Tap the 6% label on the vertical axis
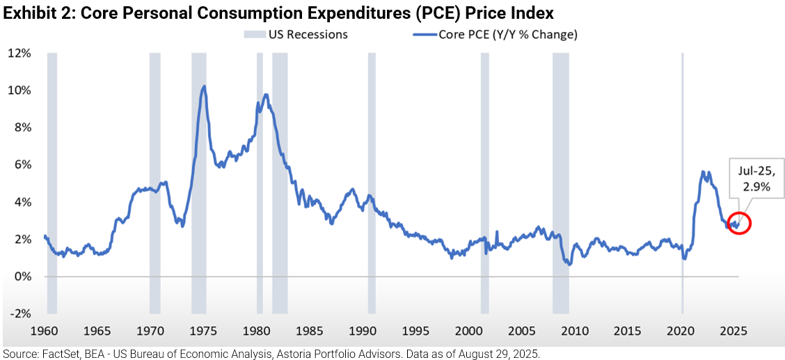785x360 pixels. [20, 164]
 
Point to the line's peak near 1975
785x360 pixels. [203, 86]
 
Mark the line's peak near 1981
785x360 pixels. [266, 95]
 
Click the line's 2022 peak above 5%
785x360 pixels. [703, 172]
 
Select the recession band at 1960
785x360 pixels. [51, 181]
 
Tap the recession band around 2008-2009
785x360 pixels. [560, 181]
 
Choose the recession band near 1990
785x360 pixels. [372, 181]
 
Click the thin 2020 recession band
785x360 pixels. [682, 181]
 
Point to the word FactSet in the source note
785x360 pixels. [52, 354]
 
